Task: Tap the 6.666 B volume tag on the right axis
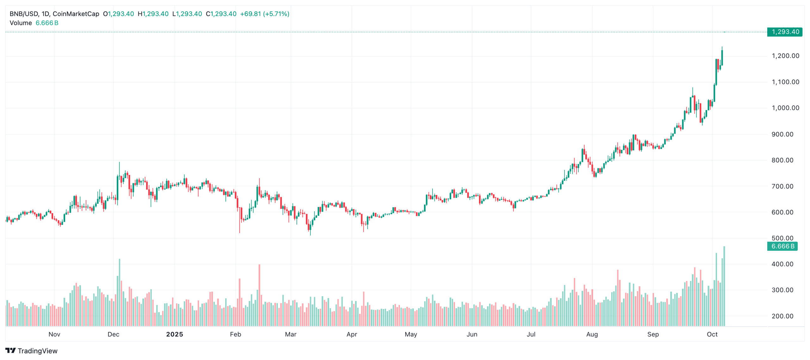tap(782, 246)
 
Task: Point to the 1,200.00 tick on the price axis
tap(785, 56)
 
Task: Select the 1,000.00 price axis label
tap(785, 108)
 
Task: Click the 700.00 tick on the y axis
tap(782, 186)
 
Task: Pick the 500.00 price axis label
tap(782, 238)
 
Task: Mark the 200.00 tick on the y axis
tap(782, 316)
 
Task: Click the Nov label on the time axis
tap(54, 334)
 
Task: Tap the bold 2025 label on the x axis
tap(174, 334)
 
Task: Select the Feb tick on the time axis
tap(235, 334)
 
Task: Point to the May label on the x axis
tap(411, 334)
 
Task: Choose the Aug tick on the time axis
tap(592, 334)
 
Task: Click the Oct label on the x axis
tap(712, 334)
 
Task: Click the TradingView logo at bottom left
tap(31, 351)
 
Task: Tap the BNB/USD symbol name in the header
tap(24, 14)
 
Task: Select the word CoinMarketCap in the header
tap(76, 14)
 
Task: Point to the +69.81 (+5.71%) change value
tap(265, 14)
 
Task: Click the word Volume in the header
tap(21, 23)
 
